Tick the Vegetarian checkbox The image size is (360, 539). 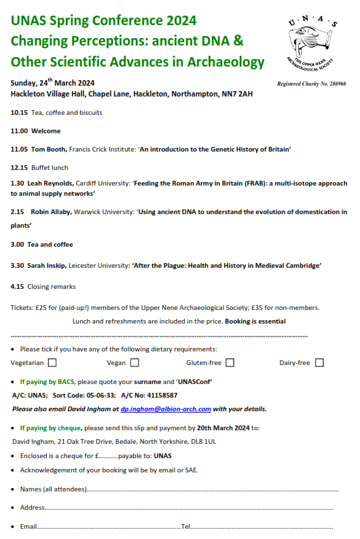[52, 363]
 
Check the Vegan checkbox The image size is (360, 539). [134, 363]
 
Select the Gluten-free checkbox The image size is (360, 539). [230, 363]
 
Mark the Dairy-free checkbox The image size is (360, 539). [319, 363]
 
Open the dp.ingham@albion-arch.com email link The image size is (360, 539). [166, 409]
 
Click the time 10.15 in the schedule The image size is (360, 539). [18, 113]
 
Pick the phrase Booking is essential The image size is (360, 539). [255, 321]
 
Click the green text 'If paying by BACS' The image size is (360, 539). [48, 381]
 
